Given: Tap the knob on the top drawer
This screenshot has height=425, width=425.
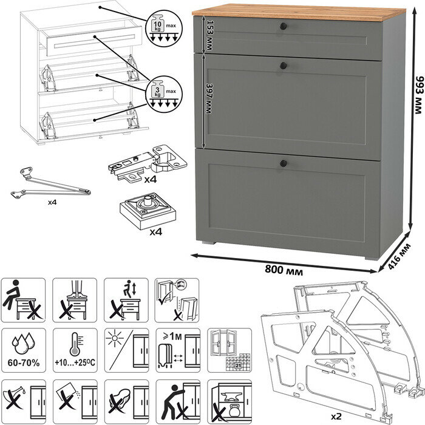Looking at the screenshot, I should [x=283, y=25].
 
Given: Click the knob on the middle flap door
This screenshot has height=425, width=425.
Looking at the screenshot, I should [x=283, y=64].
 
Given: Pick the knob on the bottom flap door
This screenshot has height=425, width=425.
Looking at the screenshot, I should [x=283, y=162].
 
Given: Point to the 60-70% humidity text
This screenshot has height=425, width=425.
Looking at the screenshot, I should [x=23, y=362].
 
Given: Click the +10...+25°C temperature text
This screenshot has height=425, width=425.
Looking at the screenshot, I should [x=74, y=362].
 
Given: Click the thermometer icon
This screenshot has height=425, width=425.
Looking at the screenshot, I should [x=74, y=342].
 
